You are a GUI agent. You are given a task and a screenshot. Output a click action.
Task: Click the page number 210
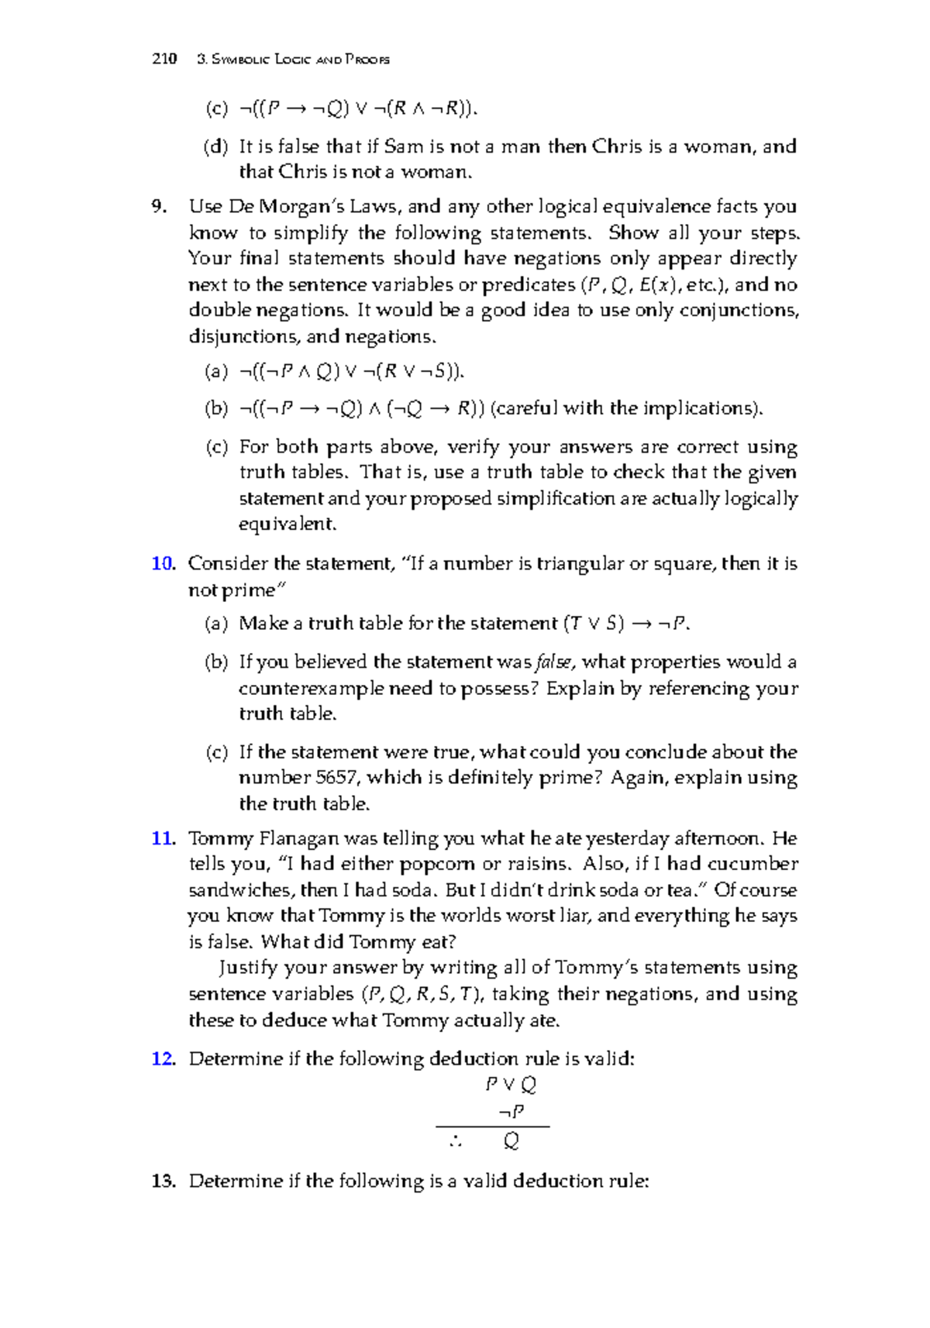click(x=164, y=59)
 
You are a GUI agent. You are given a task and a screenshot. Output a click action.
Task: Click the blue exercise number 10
click(x=163, y=563)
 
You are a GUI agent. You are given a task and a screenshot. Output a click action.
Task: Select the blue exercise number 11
click(x=163, y=838)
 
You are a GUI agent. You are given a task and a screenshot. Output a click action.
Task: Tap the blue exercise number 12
click(x=163, y=1058)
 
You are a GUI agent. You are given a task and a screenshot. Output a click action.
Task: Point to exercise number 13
click(x=164, y=1181)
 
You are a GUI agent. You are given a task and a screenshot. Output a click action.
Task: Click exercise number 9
click(x=159, y=206)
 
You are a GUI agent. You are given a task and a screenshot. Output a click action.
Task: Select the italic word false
click(x=556, y=662)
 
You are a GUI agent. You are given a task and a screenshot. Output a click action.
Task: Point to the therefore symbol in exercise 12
click(x=454, y=1141)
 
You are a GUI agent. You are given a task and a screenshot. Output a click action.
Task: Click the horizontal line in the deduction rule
click(x=492, y=1127)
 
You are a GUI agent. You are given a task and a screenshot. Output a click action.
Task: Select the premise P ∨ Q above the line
click(x=511, y=1085)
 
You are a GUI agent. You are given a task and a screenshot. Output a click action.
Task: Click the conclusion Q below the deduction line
click(x=511, y=1141)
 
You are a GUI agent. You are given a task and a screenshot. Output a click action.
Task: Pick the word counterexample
click(x=312, y=688)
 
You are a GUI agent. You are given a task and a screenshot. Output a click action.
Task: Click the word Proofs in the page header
click(x=367, y=60)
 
